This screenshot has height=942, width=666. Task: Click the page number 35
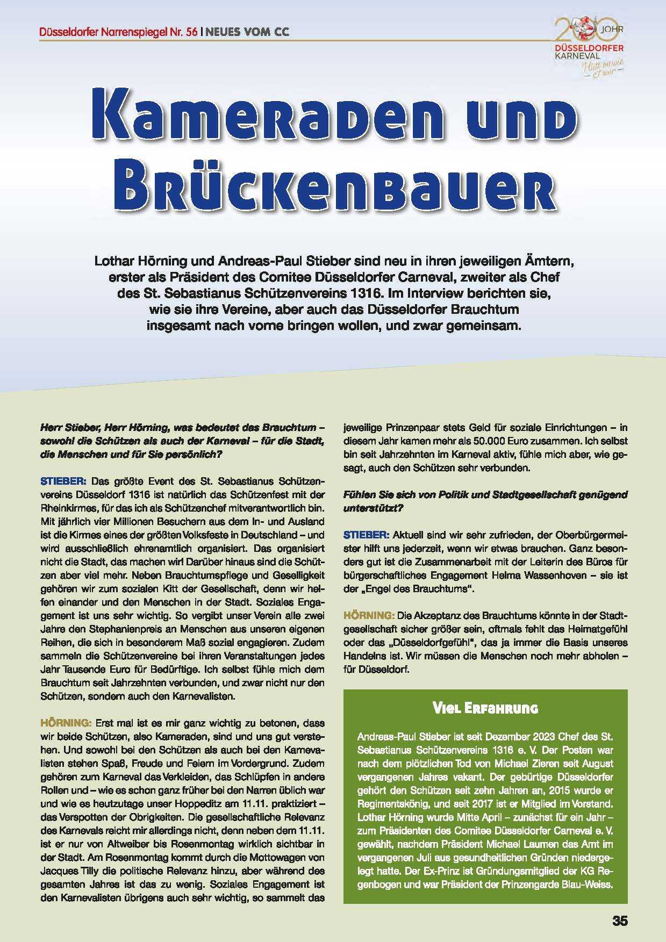(619, 920)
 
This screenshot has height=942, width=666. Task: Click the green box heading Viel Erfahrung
(485, 708)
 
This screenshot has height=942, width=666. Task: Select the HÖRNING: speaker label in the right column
(369, 615)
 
